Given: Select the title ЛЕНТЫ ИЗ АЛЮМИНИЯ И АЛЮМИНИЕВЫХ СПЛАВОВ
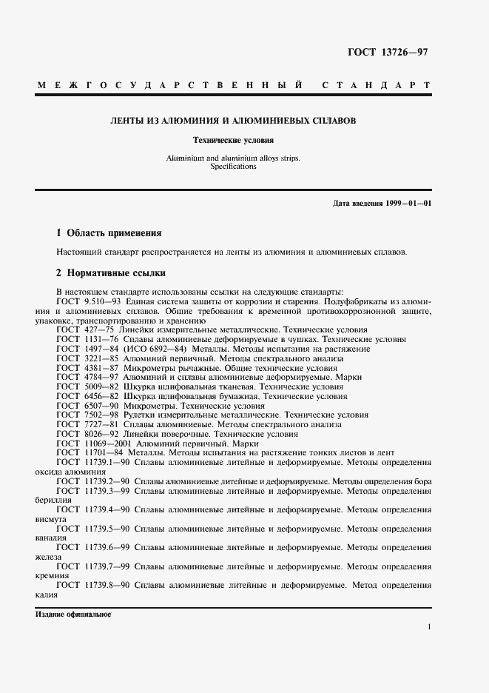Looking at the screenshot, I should pos(233,120).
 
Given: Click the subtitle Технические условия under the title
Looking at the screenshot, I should pos(233,139).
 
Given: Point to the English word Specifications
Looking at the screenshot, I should pos(233,167).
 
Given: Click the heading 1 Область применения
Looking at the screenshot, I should pos(108,232).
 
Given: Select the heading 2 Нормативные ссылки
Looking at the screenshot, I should pos(110,272).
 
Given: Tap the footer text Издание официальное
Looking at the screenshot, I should pos(72,615).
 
